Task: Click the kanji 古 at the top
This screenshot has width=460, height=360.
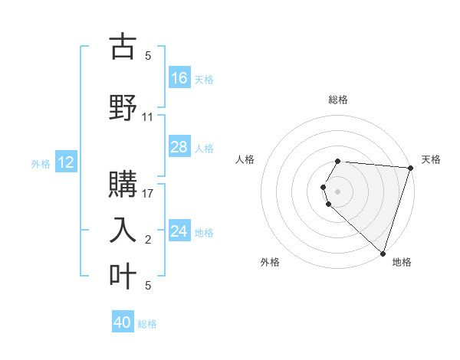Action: pos(123,47)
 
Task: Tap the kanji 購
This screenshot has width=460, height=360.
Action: pos(123,184)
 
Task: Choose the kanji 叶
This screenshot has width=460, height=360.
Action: pos(123,274)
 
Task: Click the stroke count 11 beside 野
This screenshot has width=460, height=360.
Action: pos(148,117)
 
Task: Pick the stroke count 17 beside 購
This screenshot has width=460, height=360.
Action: pos(148,195)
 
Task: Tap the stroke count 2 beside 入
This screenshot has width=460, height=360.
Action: pos(148,240)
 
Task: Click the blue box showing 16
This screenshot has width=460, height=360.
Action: pos(179,77)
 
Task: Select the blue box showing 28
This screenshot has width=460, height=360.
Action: pos(179,147)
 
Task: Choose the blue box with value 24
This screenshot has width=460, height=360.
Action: pos(179,231)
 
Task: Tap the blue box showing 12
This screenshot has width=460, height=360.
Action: pos(66,162)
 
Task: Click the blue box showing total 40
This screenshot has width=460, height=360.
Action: pos(123,322)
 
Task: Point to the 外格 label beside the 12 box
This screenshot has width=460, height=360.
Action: pos(41,163)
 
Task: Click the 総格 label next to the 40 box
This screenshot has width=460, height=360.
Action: pos(147,324)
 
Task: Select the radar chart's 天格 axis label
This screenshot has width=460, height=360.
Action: pos(431,159)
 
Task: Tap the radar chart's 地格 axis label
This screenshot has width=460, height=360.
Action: pos(402,262)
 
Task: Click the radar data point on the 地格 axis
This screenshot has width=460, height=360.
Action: pos(383,253)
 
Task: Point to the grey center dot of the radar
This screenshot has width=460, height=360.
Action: pos(338,191)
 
